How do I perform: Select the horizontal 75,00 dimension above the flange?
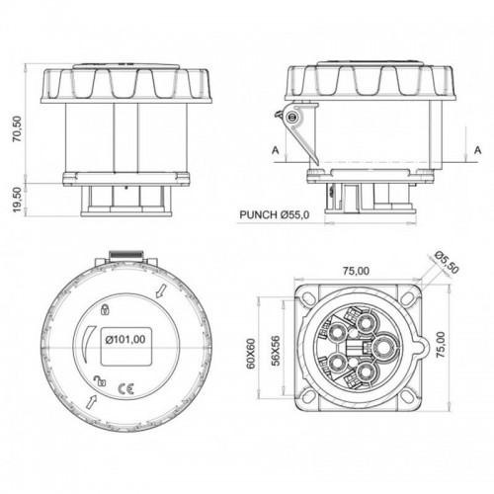(357, 270)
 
